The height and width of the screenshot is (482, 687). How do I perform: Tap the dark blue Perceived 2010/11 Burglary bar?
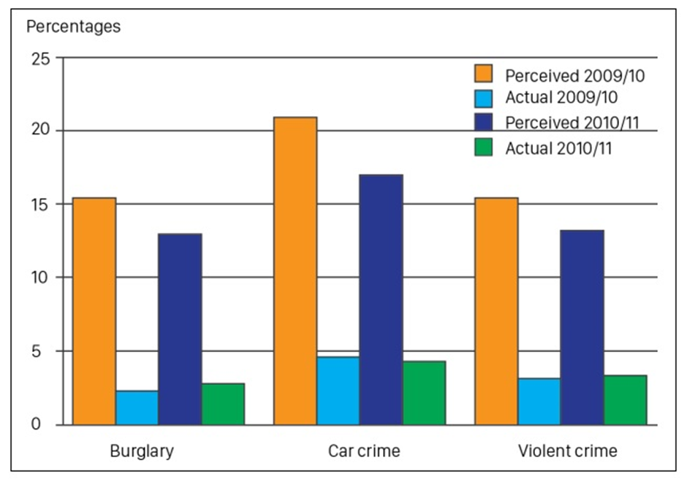pyautogui.click(x=180, y=329)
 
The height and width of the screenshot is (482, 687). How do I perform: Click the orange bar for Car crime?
pyautogui.click(x=295, y=271)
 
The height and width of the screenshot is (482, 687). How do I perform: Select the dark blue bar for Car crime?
pyautogui.click(x=381, y=299)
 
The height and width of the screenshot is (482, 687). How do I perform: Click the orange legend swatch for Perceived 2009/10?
pyautogui.click(x=483, y=74)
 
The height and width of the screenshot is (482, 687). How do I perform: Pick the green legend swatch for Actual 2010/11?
pyautogui.click(x=483, y=148)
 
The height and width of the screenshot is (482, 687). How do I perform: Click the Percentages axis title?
pyautogui.click(x=73, y=27)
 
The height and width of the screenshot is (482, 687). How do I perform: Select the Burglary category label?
pyautogui.click(x=142, y=451)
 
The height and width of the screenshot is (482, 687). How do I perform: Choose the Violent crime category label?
pyautogui.click(x=567, y=451)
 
